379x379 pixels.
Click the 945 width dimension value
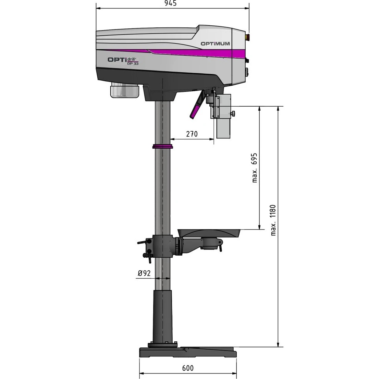(170, 3)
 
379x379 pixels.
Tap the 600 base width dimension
(188, 368)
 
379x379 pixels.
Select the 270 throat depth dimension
(192, 134)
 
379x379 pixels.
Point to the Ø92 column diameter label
(144, 273)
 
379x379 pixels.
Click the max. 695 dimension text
(255, 168)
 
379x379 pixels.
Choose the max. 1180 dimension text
(273, 220)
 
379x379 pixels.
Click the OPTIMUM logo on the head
(215, 44)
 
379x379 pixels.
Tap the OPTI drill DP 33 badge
(123, 61)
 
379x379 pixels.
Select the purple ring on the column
(163, 146)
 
